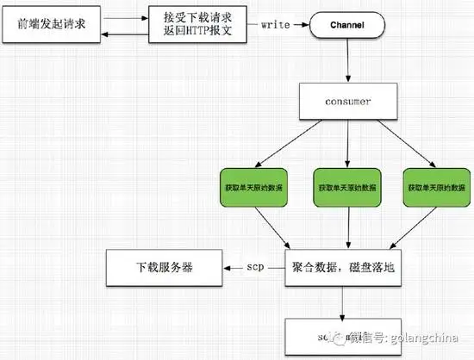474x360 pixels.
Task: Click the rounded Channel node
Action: tap(347, 26)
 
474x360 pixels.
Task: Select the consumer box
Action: tap(347, 101)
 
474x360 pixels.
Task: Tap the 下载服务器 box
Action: tap(163, 268)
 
